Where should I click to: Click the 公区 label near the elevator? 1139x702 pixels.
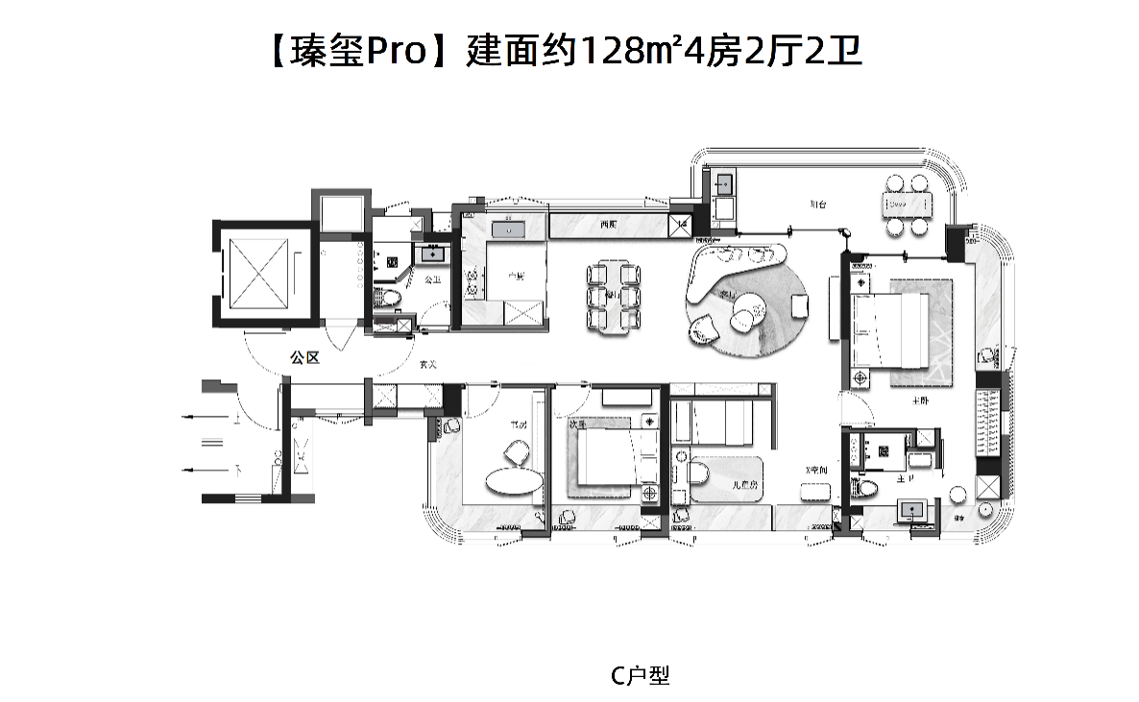point(304,357)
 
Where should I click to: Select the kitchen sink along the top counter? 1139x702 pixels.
point(505,229)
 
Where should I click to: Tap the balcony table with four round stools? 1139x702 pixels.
point(907,205)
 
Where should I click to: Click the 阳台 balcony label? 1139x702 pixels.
point(817,204)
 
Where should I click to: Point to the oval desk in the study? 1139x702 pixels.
point(512,479)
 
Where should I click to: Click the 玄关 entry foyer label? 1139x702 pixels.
point(428,365)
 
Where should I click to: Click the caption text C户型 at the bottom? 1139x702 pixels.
point(640,676)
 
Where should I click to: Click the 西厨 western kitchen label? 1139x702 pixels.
point(606,225)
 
